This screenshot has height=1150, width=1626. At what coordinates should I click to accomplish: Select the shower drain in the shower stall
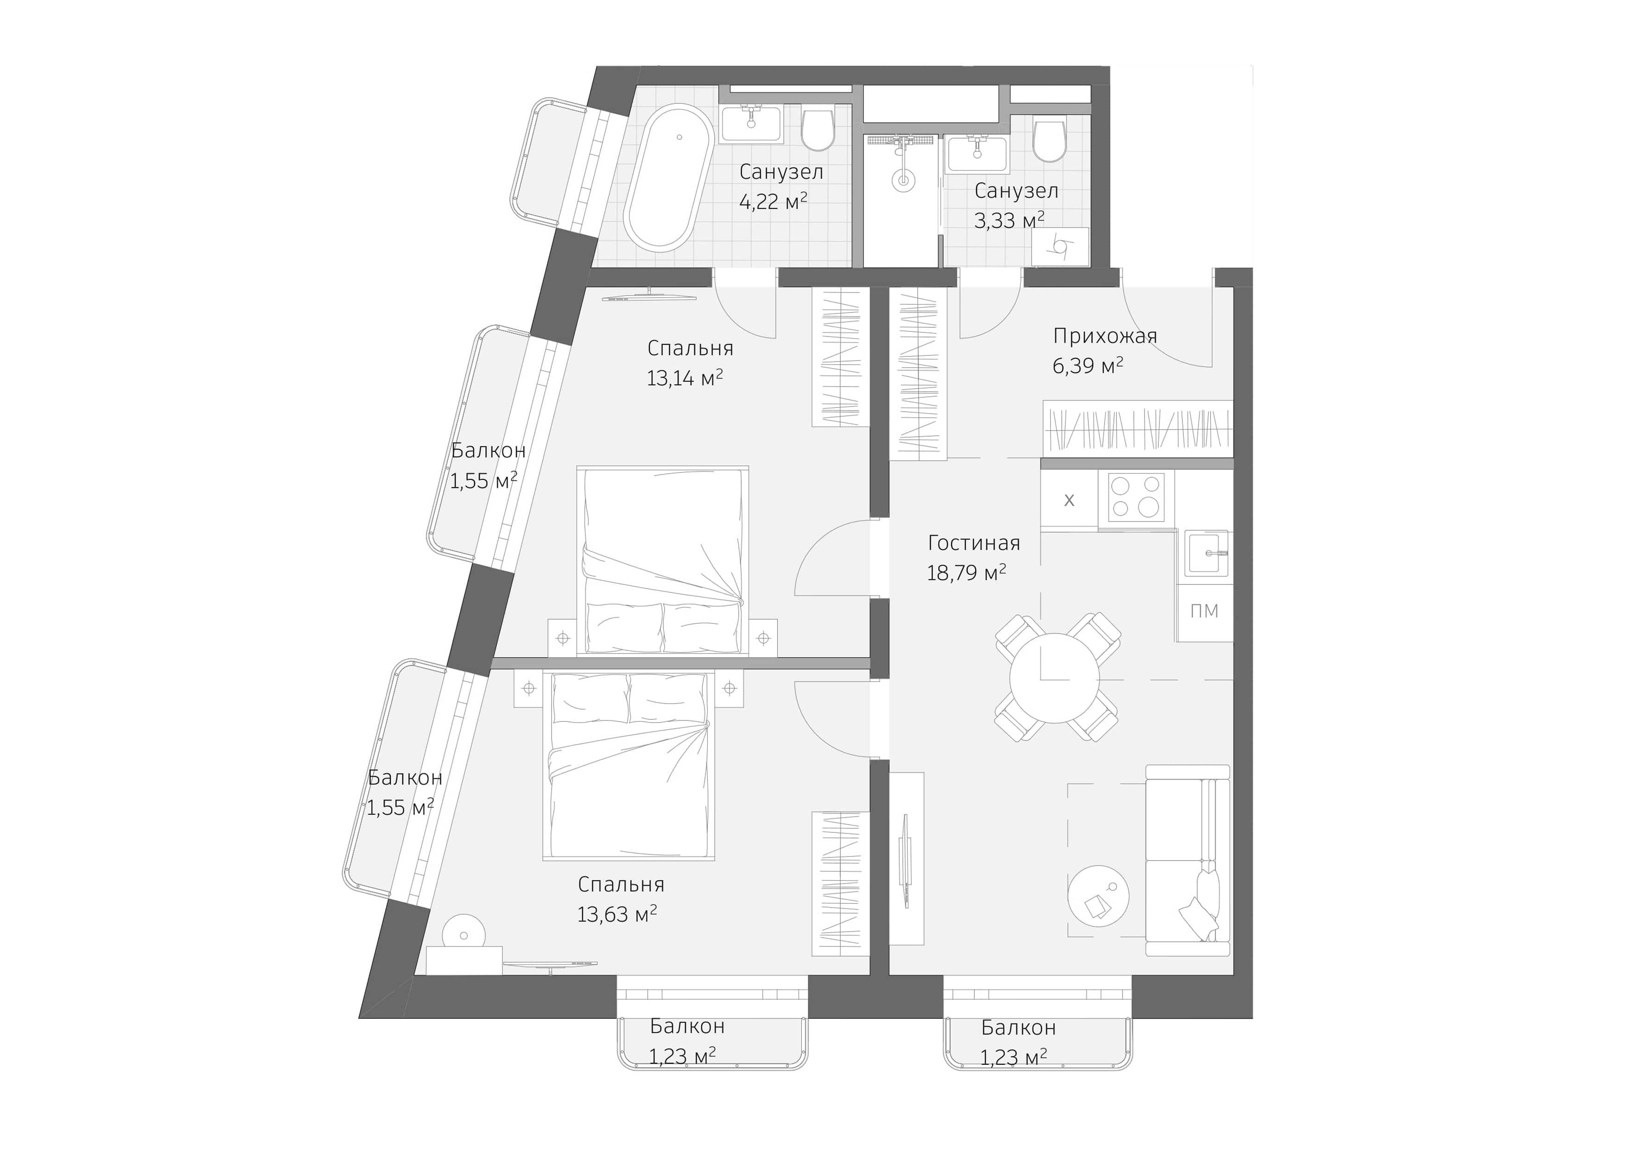coord(903,181)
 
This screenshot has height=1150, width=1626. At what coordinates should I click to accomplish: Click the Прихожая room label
coord(1105,336)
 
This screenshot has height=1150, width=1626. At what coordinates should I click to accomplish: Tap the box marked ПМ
coord(1205,611)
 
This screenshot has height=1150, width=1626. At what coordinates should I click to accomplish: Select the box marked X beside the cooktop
coord(1069,500)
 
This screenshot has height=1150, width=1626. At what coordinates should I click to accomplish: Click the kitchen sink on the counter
coord(1207,554)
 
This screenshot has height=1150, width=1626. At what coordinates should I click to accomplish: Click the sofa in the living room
coord(1187,860)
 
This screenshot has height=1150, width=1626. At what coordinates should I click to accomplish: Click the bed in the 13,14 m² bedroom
coord(662,559)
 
